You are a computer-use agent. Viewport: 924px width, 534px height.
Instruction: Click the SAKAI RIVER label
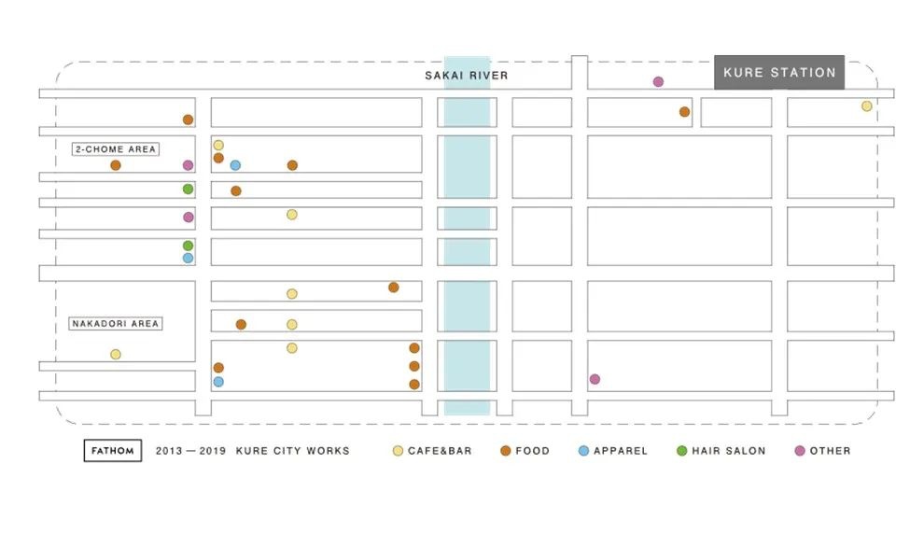point(466,76)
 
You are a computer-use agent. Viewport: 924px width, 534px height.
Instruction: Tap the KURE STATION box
point(779,73)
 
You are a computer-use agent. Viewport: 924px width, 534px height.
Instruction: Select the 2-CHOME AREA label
point(116,149)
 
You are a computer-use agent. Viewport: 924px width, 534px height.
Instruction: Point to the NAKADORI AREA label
point(116,324)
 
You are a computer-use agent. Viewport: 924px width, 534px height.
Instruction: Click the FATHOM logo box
point(113,451)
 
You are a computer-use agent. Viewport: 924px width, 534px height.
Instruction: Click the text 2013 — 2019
point(191,451)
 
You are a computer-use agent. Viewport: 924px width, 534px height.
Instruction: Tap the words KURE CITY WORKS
point(292,451)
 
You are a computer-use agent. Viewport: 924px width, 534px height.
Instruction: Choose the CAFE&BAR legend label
point(440,451)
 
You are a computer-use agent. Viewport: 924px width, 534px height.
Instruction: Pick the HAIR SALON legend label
point(728,451)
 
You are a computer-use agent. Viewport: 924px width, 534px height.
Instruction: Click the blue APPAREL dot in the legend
point(583,451)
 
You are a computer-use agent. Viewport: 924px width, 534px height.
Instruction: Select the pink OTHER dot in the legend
point(800,451)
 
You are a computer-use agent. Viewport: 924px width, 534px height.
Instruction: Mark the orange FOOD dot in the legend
point(505,451)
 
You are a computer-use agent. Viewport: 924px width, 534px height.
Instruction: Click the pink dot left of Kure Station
point(658,82)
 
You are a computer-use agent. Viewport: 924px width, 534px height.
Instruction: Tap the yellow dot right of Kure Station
point(866,106)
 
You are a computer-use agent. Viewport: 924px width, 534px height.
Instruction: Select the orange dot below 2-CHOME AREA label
point(116,165)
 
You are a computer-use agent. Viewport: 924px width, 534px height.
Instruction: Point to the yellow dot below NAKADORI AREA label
point(116,354)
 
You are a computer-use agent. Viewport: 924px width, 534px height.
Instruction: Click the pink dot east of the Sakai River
point(595,379)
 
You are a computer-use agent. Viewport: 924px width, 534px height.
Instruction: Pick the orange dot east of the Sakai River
point(684,112)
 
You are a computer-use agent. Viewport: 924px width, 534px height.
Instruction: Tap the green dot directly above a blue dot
point(188,246)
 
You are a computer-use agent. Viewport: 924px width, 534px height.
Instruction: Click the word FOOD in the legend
point(532,451)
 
